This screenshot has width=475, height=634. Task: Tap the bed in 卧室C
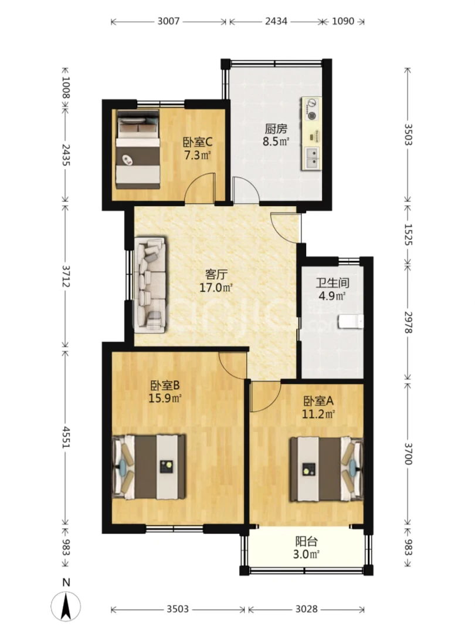click(x=138, y=149)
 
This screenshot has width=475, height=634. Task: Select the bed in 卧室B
click(x=149, y=467)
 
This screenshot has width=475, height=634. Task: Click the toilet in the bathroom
click(x=351, y=321)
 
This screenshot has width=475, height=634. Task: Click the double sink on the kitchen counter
click(x=311, y=156)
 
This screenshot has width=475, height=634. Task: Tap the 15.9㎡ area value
click(x=165, y=397)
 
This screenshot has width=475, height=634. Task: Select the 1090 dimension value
click(x=343, y=22)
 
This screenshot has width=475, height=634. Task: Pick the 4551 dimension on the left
click(x=66, y=435)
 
